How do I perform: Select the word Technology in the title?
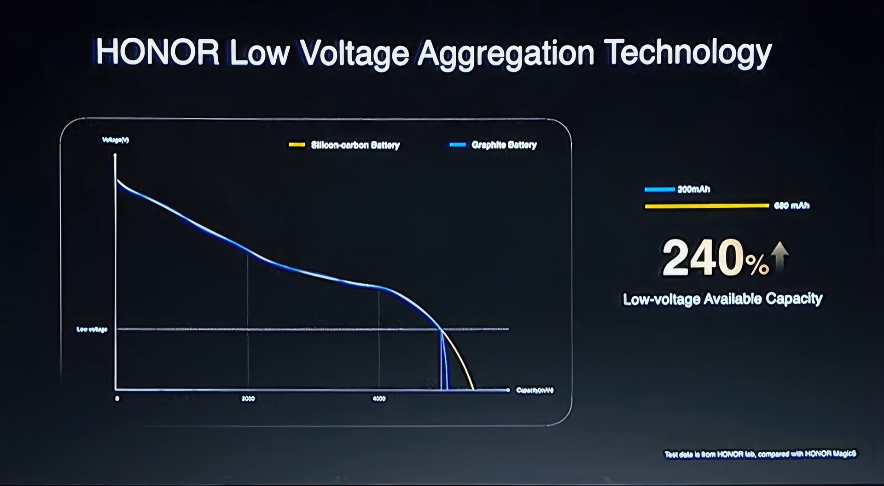pyautogui.click(x=688, y=53)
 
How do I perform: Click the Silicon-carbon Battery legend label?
pyautogui.click(x=355, y=145)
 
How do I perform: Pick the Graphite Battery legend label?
pyautogui.click(x=504, y=145)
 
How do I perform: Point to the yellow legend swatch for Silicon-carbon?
pyautogui.click(x=297, y=145)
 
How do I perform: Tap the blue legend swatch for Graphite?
pyautogui.click(x=458, y=145)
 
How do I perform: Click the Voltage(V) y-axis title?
pyautogui.click(x=115, y=140)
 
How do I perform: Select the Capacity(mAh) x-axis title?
pyautogui.click(x=535, y=390)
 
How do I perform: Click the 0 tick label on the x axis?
pyautogui.click(x=117, y=398)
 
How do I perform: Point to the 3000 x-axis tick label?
pyautogui.click(x=248, y=398)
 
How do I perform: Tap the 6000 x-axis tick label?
pyautogui.click(x=379, y=398)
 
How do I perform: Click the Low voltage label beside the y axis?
pyautogui.click(x=92, y=329)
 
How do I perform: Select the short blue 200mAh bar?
pyautogui.click(x=659, y=189)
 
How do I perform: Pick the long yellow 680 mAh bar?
pyautogui.click(x=707, y=206)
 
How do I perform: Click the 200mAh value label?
pyautogui.click(x=693, y=189)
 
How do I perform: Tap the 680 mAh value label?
pyautogui.click(x=791, y=205)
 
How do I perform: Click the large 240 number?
pyautogui.click(x=703, y=258)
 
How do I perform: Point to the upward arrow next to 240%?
pyautogui.click(x=779, y=256)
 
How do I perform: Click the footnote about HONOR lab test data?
pyautogui.click(x=760, y=454)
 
